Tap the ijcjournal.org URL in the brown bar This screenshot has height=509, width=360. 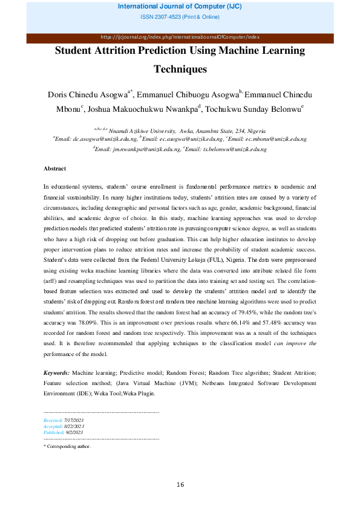[x=180, y=37]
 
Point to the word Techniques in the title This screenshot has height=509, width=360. [x=180, y=69]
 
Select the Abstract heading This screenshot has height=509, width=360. [x=54, y=168]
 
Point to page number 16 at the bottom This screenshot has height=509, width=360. [x=180, y=484]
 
